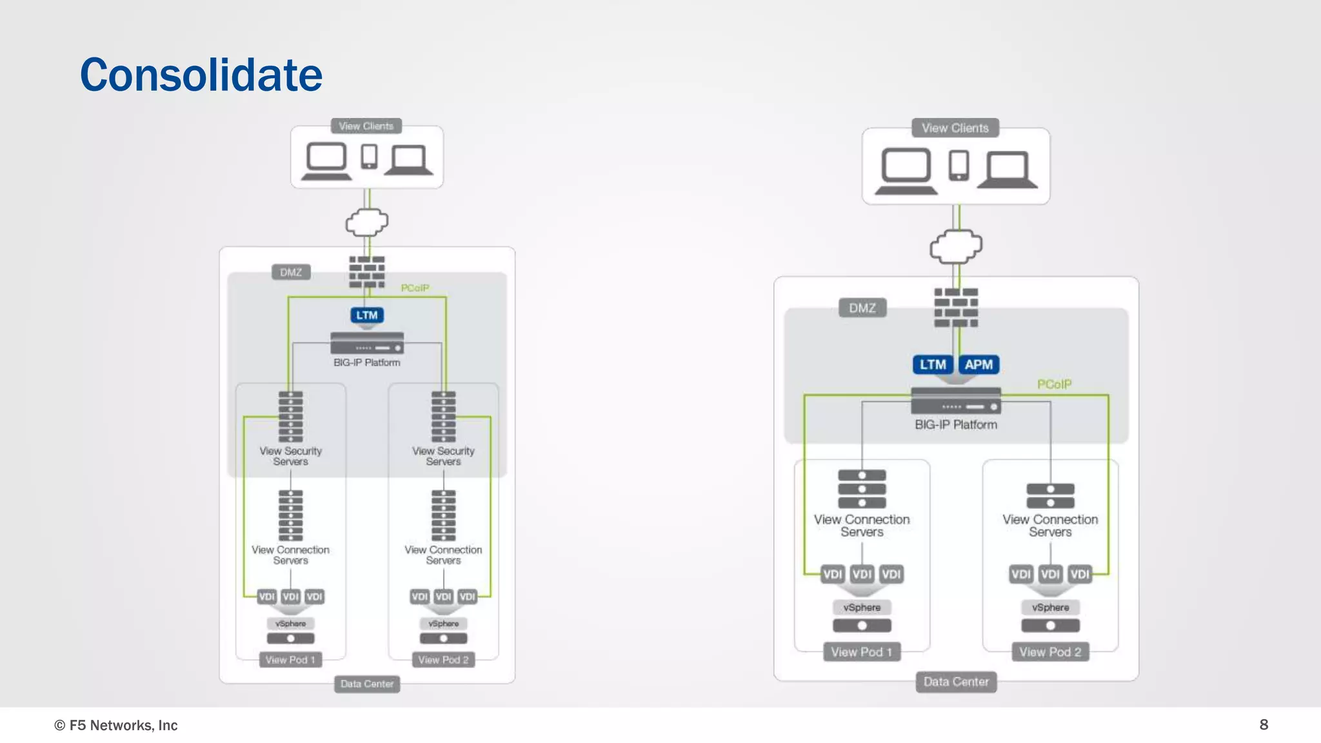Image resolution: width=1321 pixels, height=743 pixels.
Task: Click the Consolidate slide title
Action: tap(201, 75)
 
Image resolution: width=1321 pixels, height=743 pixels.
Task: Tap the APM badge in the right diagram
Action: tap(978, 364)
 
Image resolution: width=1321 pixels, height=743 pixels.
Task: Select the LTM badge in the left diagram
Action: tap(366, 315)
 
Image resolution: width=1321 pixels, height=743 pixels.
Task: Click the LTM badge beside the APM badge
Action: tap(933, 364)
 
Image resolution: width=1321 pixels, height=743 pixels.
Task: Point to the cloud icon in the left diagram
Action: tap(367, 223)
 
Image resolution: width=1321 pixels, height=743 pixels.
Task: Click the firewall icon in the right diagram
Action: tap(956, 308)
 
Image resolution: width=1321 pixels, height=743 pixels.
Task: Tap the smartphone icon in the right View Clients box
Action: tap(958, 165)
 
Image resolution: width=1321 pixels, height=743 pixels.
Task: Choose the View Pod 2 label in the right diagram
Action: tap(1050, 652)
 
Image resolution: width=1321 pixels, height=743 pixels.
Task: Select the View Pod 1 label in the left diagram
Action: tap(290, 660)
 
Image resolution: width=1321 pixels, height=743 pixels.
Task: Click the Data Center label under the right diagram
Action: tap(956, 682)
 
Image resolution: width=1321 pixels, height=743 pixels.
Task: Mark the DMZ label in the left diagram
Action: tap(291, 272)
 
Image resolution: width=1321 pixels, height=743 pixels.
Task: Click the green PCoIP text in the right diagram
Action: tap(1054, 384)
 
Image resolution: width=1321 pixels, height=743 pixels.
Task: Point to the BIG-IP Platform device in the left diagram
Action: tap(367, 343)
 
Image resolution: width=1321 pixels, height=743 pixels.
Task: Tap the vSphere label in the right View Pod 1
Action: tap(862, 608)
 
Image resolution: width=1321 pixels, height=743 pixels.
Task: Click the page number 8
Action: tap(1264, 724)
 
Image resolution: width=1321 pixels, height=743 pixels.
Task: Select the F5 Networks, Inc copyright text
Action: tap(116, 725)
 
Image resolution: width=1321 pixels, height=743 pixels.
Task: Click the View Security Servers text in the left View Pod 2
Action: tap(443, 456)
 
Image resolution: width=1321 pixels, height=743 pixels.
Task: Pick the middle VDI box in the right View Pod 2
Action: tap(1050, 574)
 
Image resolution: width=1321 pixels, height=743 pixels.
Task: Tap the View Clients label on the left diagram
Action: tap(366, 126)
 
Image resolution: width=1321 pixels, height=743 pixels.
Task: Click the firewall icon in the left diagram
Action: tap(367, 272)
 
